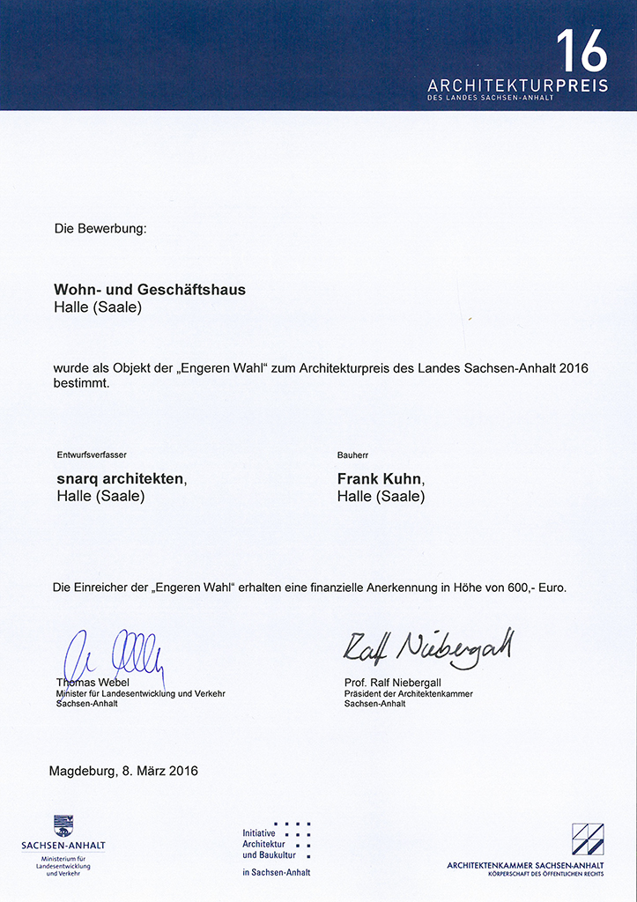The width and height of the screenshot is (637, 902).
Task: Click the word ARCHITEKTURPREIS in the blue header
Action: point(517,86)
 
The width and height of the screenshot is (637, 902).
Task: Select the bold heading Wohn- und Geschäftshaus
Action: point(150,290)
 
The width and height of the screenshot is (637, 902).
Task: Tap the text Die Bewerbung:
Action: point(100,229)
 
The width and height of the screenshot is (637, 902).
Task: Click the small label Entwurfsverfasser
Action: point(91,455)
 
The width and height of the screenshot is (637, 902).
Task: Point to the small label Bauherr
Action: point(352,455)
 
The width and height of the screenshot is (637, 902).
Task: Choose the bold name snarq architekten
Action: point(119,478)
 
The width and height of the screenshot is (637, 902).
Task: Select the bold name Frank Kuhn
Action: point(380,478)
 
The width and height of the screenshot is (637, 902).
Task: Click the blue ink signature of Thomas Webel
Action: point(115,657)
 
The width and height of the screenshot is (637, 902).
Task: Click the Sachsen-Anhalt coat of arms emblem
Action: point(63,826)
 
